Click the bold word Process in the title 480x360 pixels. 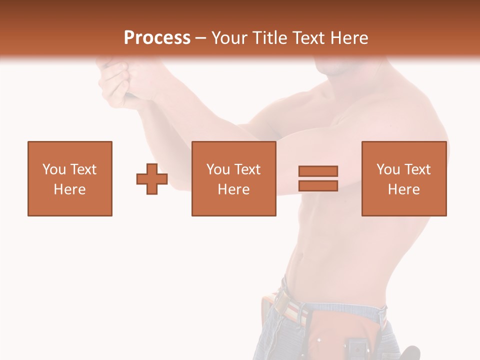pos(157,38)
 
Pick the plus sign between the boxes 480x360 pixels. pos(152,179)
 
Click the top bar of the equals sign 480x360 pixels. pos(318,171)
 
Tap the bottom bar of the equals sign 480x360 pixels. pos(318,185)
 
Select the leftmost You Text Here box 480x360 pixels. pos(70,178)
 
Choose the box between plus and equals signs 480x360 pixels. pos(233,178)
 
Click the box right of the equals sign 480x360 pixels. pos(403,178)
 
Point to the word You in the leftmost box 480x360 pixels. pos(54,169)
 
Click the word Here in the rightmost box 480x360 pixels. pos(403,189)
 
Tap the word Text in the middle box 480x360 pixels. pos(246,169)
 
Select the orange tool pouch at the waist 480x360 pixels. pos(340,330)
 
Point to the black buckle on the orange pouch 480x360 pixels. pos(356,347)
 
